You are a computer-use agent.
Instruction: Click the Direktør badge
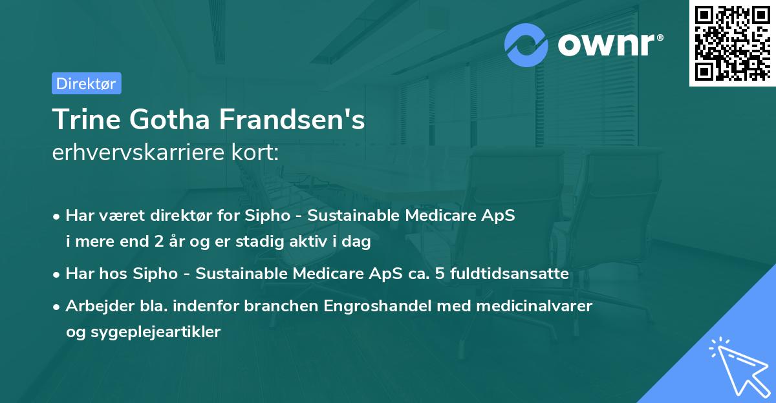86,83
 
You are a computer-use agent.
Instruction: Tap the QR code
732,43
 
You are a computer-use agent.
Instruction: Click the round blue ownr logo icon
526,45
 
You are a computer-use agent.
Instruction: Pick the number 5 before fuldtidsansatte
440,274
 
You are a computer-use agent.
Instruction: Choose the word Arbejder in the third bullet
94,306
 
